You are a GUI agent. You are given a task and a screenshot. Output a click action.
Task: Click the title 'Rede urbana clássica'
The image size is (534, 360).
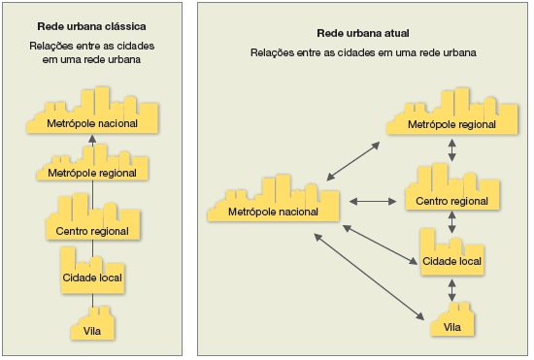[93, 27]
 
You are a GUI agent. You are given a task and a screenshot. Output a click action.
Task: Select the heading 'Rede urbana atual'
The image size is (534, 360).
[364, 33]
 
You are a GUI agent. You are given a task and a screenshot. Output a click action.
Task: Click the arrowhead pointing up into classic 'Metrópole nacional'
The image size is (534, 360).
[93, 141]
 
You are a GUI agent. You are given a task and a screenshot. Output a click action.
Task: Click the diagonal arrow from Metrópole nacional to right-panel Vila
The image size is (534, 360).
[369, 277]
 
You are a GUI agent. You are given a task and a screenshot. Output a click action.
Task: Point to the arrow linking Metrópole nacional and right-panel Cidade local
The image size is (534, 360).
[379, 243]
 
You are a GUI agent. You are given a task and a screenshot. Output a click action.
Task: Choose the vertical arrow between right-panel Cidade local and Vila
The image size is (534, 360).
[451, 289]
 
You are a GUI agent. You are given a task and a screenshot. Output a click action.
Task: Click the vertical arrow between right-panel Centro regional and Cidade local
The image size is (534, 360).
[451, 220]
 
